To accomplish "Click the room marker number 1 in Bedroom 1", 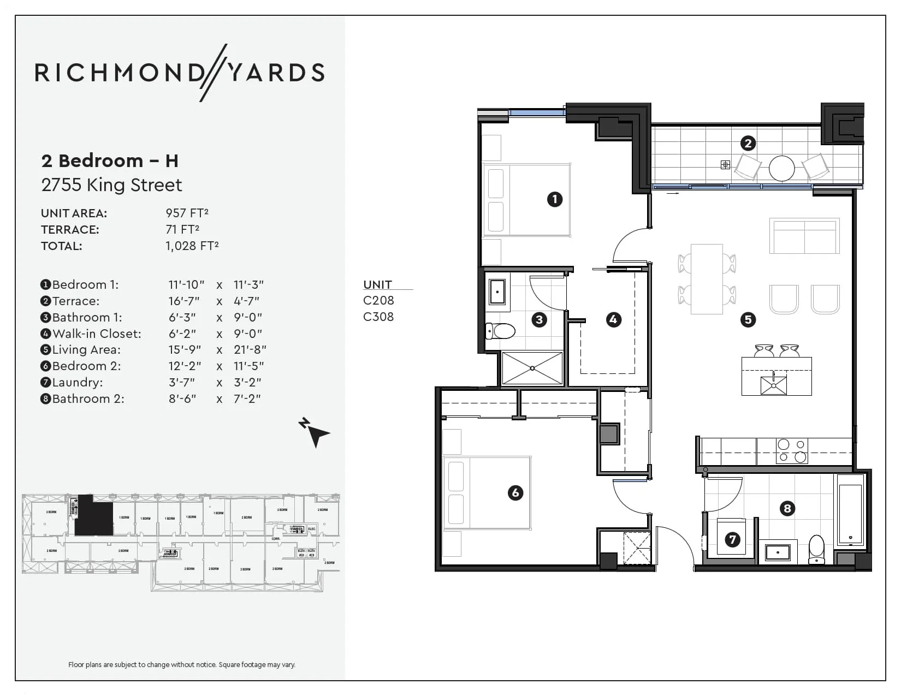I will (555, 199).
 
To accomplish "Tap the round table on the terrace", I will (781, 168).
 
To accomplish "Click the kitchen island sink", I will (774, 385).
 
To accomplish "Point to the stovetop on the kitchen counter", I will (792, 451).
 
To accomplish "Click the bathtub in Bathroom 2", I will (850, 510).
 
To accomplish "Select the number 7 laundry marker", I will (732, 540).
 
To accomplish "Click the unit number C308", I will (378, 317).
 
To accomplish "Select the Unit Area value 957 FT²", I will (187, 213).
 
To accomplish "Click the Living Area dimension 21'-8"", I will (250, 349).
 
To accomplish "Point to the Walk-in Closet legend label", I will (96, 334).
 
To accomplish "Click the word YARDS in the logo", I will (276, 73).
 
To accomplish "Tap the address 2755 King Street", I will (111, 185).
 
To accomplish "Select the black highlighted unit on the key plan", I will (93, 516).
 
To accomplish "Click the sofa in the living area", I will (804, 236).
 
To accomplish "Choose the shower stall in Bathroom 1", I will (532, 368).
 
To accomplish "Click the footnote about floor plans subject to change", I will (181, 664).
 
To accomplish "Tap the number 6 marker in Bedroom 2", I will (515, 493).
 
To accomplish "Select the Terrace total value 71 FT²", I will (182, 230).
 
